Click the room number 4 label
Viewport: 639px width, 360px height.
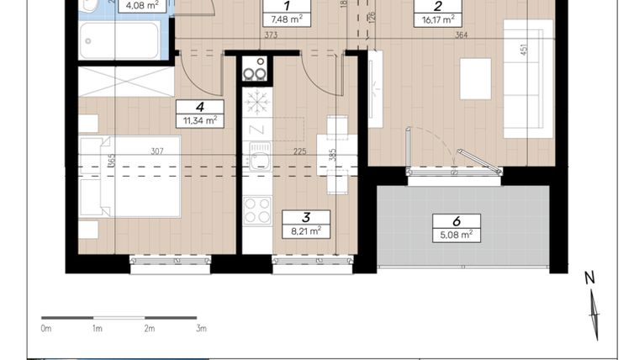pyautogui.click(x=199, y=107)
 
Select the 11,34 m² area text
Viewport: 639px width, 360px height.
pyautogui.click(x=200, y=120)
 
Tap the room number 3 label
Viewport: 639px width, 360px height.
pyautogui.click(x=305, y=217)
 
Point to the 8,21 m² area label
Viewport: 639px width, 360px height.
pyautogui.click(x=305, y=230)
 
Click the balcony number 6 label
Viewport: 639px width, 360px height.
pyautogui.click(x=457, y=221)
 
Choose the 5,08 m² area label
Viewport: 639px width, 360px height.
pyautogui.click(x=457, y=235)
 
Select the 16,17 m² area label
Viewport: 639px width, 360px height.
pyautogui.click(x=437, y=18)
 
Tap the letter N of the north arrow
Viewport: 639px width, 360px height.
pyautogui.click(x=589, y=278)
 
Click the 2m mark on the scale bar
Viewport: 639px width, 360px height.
pyautogui.click(x=149, y=329)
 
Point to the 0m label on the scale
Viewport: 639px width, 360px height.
pyautogui.click(x=46, y=329)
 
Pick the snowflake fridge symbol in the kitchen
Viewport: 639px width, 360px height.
pyautogui.click(x=256, y=102)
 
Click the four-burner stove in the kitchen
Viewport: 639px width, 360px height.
pyautogui.click(x=256, y=209)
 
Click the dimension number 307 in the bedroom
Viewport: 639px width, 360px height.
pyautogui.click(x=157, y=152)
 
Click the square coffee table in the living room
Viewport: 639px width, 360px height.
pyautogui.click(x=475, y=78)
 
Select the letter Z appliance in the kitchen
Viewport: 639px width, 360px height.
pyautogui.click(x=256, y=129)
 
